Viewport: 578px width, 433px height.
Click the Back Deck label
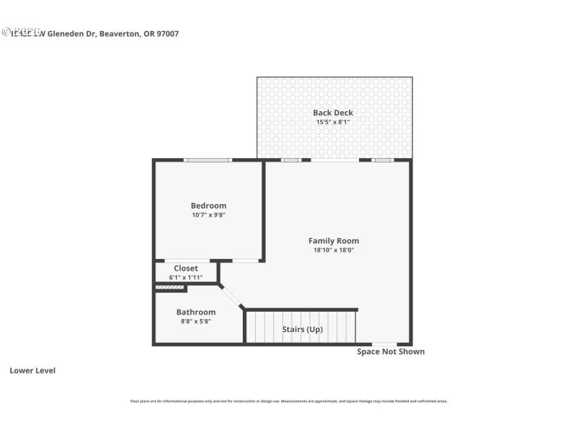click(x=333, y=113)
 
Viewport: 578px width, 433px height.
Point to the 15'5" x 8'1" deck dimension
click(x=333, y=122)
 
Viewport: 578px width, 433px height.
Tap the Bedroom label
click(x=208, y=206)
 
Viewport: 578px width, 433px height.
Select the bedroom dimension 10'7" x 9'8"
click(x=208, y=214)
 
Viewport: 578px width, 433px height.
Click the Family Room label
click(x=333, y=241)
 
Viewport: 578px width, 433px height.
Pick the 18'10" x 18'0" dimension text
click(x=333, y=250)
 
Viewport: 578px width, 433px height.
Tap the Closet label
click(x=186, y=268)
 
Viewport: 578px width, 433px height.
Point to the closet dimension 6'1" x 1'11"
click(x=186, y=277)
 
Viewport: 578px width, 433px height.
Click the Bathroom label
click(x=196, y=312)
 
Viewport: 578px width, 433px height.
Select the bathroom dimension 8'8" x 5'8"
click(x=196, y=321)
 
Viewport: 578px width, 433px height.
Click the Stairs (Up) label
click(x=302, y=330)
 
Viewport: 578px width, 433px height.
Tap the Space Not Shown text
click(x=391, y=352)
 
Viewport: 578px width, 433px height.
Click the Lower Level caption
click(x=33, y=371)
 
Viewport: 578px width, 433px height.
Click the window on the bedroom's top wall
click(x=208, y=160)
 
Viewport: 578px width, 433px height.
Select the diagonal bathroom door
click(x=232, y=297)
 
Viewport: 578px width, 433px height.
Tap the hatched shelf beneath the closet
click(x=171, y=289)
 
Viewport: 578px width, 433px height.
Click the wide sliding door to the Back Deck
click(x=335, y=160)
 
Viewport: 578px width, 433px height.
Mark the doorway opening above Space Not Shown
click(x=384, y=344)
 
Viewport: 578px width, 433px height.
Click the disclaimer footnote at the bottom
click(x=288, y=401)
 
